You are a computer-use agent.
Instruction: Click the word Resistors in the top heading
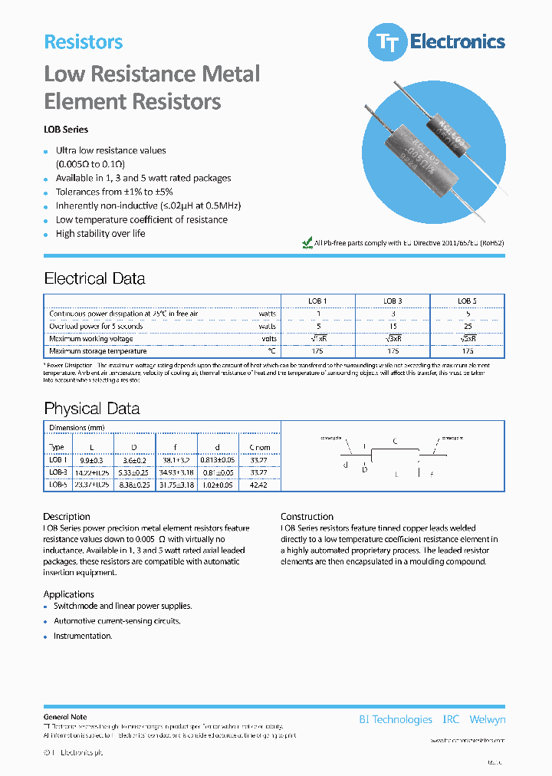[x=83, y=42]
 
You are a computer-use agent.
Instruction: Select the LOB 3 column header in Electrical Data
[x=393, y=301]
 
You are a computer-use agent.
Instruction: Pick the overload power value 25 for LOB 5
[x=468, y=326]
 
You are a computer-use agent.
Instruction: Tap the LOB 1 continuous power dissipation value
[x=318, y=314]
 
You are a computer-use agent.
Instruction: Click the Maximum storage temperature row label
[x=96, y=350]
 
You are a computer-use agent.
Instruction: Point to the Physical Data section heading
[x=91, y=408]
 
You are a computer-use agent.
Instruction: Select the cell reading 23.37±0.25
[x=92, y=485]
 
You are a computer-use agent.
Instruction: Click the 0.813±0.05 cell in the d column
[x=219, y=461]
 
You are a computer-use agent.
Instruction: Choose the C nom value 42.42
[x=259, y=485]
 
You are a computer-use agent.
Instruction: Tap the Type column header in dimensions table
[x=57, y=447]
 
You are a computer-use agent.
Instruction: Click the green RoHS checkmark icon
[x=307, y=242]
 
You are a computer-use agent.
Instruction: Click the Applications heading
[x=69, y=594]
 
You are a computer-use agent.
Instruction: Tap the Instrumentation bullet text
[x=83, y=636]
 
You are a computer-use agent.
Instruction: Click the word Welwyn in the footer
[x=487, y=719]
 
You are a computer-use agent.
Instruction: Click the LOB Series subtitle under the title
[x=66, y=130]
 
